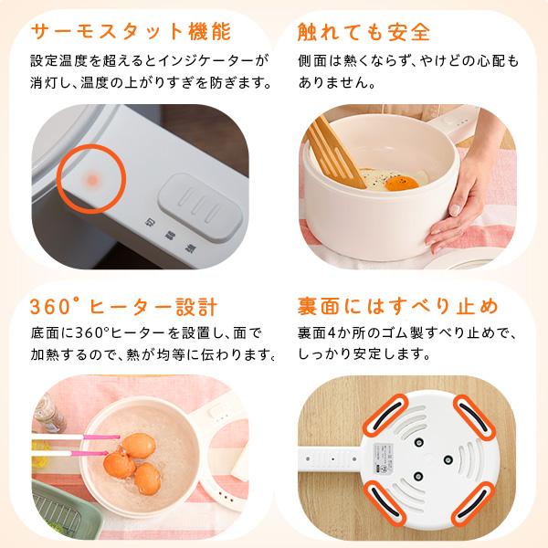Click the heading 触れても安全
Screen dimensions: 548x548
coord(364,32)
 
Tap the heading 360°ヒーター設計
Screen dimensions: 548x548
coord(122,305)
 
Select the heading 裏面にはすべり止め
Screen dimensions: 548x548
coord(396,305)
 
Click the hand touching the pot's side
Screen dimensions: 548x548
coord(471,205)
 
